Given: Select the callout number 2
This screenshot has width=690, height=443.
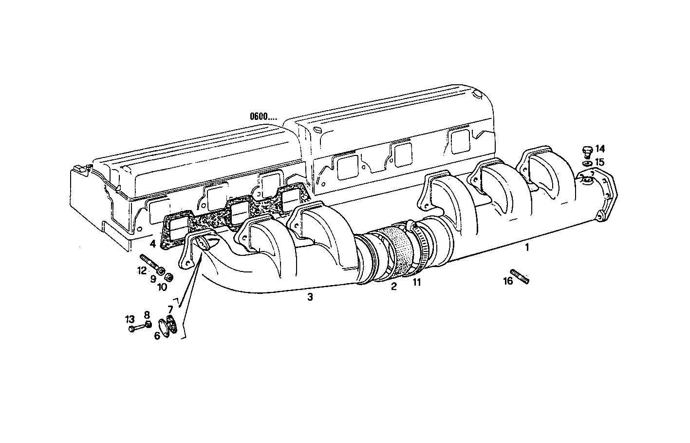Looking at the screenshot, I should point(393,287).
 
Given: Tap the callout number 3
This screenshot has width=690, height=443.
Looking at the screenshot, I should point(310,297).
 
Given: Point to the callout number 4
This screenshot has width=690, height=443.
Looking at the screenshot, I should point(152,243).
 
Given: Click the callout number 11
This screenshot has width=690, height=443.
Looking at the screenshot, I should point(416,282).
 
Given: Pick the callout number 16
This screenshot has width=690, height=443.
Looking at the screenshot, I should point(507,281).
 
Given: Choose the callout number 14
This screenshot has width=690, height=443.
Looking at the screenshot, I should point(599,148).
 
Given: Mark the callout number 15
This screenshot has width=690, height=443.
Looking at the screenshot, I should point(599,161).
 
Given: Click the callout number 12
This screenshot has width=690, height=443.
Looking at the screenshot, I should point(141,270).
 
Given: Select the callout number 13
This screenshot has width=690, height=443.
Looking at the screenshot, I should point(129,320).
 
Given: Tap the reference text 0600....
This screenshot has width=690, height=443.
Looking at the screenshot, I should point(263,116).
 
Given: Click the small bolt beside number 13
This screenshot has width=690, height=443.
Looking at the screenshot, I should point(136,329).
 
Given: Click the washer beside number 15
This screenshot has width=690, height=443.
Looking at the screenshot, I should point(587,161).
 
